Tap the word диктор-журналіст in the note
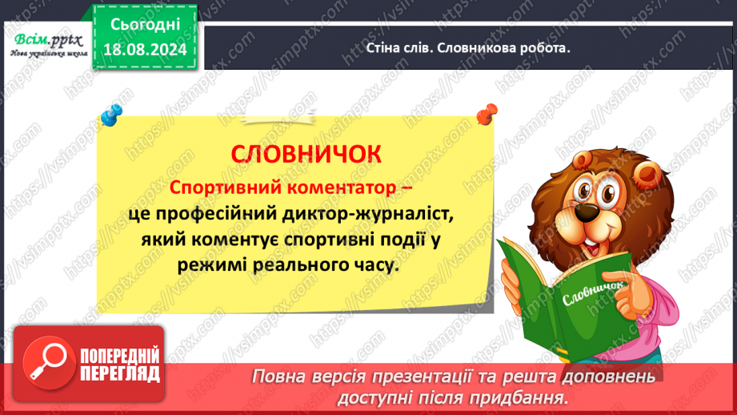[366, 215]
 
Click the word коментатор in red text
[331, 187]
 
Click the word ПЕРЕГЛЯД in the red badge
[121, 373]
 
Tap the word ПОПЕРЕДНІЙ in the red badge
[121, 356]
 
